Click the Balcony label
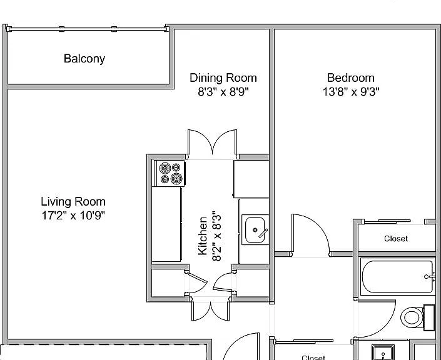pyautogui.click(x=84, y=59)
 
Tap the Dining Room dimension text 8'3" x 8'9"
pyautogui.click(x=223, y=92)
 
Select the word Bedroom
pyautogui.click(x=351, y=77)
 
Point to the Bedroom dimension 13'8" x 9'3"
pyautogui.click(x=351, y=92)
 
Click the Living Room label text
pyautogui.click(x=73, y=201)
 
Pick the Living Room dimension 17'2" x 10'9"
pyautogui.click(x=73, y=216)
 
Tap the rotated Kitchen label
pyautogui.click(x=203, y=236)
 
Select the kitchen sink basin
pyautogui.click(x=255, y=230)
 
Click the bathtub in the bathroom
pyautogui.click(x=397, y=276)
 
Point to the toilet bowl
pyautogui.click(x=412, y=317)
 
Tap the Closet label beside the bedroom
pyautogui.click(x=396, y=239)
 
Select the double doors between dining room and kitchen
pyautogui.click(x=212, y=142)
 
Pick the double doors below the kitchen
pyautogui.click(x=211, y=310)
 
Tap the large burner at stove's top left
pyautogui.click(x=165, y=168)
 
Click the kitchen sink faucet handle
pyautogui.click(x=263, y=233)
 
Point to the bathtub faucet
pyautogui.click(x=428, y=277)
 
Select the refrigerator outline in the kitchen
pyautogui.click(x=251, y=179)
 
